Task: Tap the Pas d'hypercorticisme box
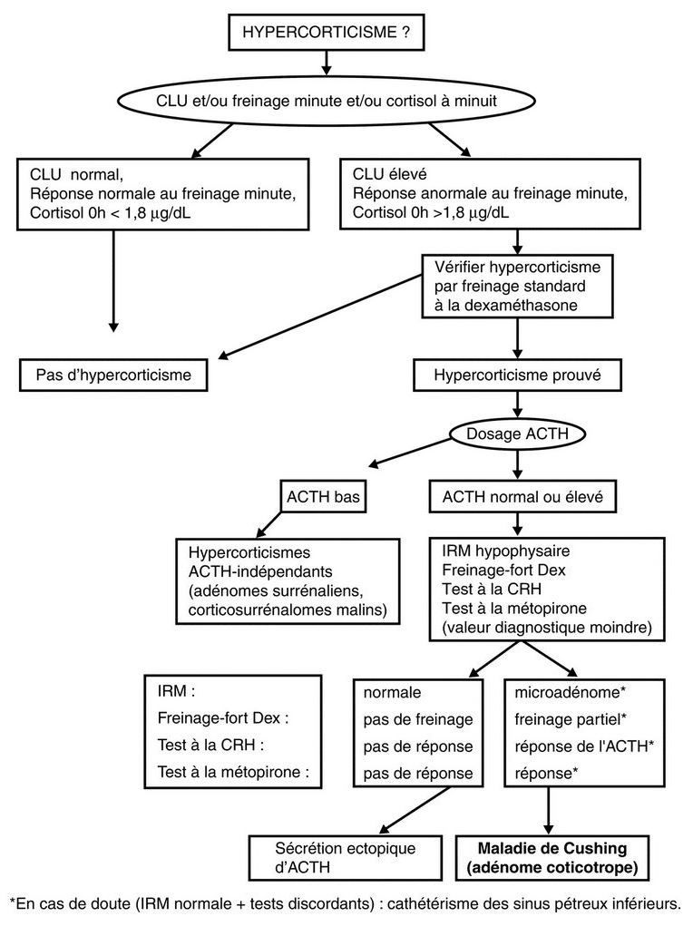113,372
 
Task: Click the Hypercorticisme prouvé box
517,373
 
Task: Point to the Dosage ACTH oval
516,434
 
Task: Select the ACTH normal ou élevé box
516,497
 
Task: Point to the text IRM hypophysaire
493,551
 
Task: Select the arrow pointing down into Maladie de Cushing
548,811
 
